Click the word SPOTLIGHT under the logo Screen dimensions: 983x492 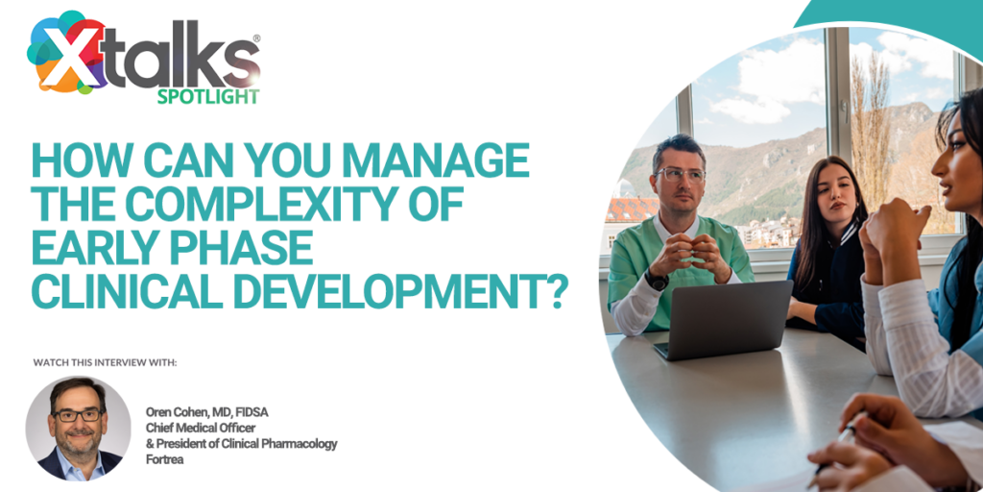[207, 96]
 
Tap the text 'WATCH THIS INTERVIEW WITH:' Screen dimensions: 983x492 [105, 362]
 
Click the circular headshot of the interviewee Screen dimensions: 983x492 [79, 428]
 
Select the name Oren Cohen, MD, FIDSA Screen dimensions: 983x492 [207, 412]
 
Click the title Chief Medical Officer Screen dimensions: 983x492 [201, 428]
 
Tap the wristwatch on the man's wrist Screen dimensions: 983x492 [657, 280]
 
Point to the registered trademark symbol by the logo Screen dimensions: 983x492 [256, 38]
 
